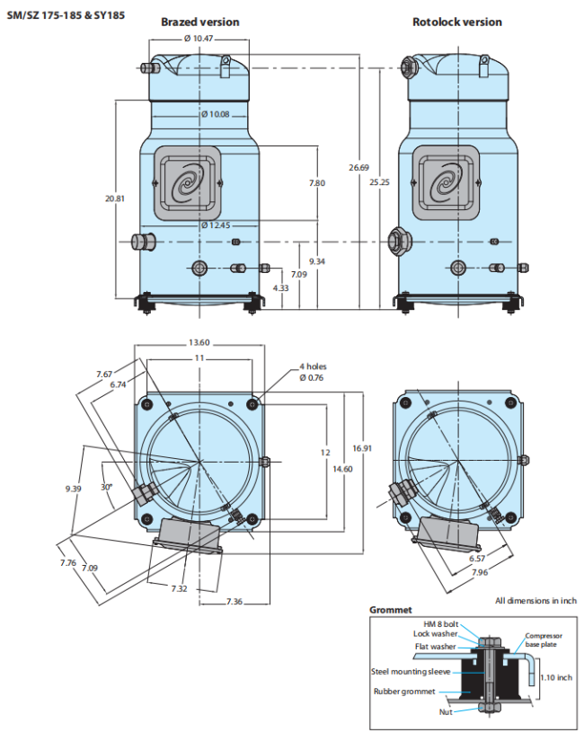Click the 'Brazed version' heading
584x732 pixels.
[x=199, y=22]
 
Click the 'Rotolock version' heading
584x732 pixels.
[x=457, y=22]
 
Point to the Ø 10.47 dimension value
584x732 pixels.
[x=198, y=39]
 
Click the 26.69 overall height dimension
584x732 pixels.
[x=358, y=168]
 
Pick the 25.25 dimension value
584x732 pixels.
[x=380, y=182]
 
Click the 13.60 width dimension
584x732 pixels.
[x=199, y=342]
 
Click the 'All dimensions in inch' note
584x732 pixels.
[x=535, y=600]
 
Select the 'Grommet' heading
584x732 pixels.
[x=391, y=610]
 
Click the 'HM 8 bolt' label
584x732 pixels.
[x=441, y=623]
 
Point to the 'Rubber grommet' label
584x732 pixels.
[x=405, y=691]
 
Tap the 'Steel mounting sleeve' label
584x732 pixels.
[x=410, y=670]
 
